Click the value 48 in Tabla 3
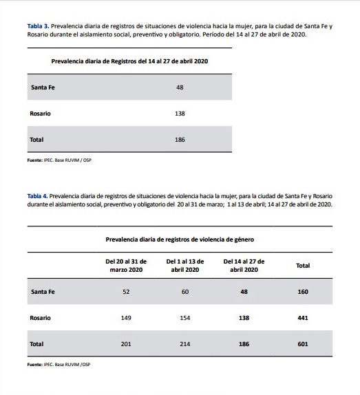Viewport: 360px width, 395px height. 180,87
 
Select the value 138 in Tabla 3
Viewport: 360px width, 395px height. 180,114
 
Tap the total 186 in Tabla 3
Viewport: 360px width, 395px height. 180,139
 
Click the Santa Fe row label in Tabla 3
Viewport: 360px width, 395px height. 43,87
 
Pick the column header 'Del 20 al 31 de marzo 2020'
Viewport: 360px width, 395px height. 125,265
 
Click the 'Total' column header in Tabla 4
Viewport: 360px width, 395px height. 302,265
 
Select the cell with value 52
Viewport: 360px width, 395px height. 125,292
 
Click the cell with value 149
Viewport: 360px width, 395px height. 125,317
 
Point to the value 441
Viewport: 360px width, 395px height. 302,317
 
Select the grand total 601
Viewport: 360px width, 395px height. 302,343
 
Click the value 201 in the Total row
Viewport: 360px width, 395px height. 125,343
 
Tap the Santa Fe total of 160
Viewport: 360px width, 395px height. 302,292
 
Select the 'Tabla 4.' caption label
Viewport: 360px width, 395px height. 38,195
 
